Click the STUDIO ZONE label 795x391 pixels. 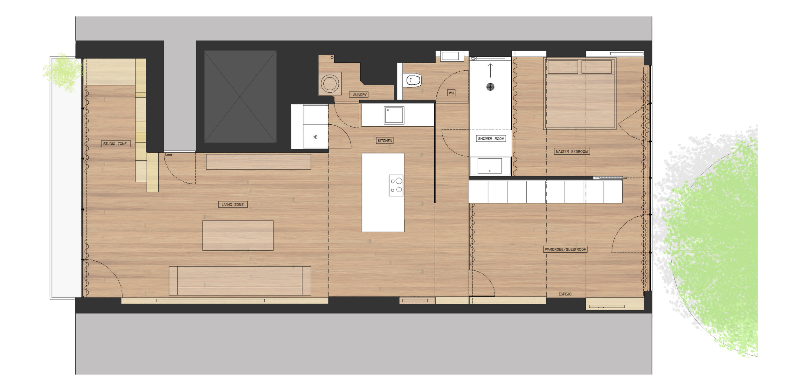click(115, 144)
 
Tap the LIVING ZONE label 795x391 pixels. click(233, 205)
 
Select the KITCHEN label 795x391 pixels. click(385, 141)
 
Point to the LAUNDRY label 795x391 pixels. click(359, 95)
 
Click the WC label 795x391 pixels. click(451, 93)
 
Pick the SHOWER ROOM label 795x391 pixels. click(491, 139)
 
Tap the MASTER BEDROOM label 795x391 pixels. click(572, 152)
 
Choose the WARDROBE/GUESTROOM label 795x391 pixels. click(565, 249)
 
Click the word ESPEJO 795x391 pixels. click(565, 294)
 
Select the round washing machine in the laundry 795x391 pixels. click(330, 84)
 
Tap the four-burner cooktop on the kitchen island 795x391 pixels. click(396, 185)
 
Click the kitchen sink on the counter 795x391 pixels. click(394, 115)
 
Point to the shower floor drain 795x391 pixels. click(490, 87)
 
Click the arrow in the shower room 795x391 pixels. click(490, 70)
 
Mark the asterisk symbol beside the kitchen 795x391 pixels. click(315, 137)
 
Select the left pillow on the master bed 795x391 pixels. click(563, 67)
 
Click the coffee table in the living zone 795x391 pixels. click(238, 236)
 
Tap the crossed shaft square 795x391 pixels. click(240, 96)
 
